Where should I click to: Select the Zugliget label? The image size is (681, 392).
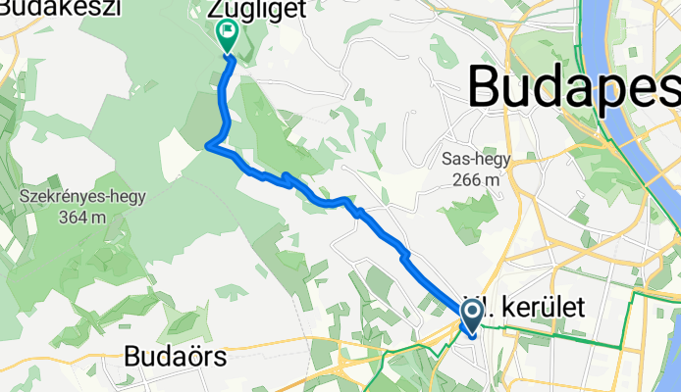[251, 10]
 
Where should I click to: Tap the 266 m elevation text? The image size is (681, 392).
[478, 179]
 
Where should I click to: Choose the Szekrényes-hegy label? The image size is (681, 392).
[82, 196]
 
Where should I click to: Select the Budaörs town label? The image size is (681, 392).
[173, 358]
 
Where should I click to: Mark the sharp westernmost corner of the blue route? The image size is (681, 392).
[208, 147]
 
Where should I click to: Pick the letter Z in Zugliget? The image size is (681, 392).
[215, 10]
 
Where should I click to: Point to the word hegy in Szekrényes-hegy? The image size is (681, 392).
[128, 196]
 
